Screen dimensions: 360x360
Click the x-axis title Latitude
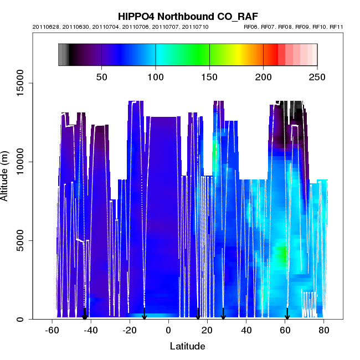coord(187,346)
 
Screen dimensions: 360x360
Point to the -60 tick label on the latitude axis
coord(52,330)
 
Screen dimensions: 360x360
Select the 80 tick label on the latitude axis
coord(324,330)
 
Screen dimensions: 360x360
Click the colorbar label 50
coord(101,77)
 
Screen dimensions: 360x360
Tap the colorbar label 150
coord(209,77)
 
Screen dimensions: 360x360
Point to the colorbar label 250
coord(317,77)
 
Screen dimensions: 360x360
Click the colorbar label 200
coord(263,77)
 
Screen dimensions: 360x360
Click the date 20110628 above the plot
coord(44,27)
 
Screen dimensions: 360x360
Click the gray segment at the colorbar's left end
coord(63,55)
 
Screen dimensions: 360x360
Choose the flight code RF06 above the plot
coord(252,27)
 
